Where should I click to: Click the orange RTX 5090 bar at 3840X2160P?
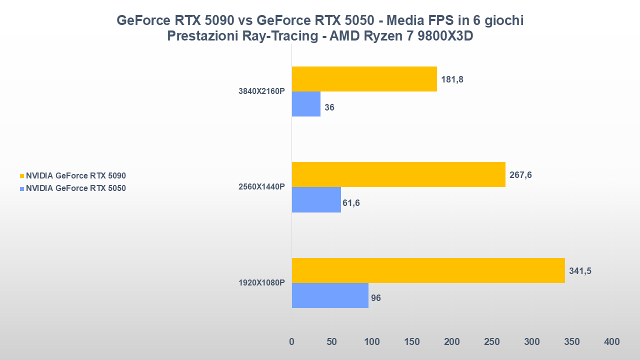[x=364, y=79]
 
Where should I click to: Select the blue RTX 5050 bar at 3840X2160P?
[x=306, y=104]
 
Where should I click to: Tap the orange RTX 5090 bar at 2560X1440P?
[x=398, y=174]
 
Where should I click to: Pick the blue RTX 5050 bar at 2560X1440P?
[x=316, y=199]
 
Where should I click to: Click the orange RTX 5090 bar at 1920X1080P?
[x=428, y=270]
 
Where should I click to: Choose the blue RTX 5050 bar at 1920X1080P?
[x=330, y=295]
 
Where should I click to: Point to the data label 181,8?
[x=452, y=79]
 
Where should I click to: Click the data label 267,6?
[x=520, y=175]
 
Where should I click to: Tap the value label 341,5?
[x=580, y=271]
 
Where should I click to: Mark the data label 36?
[x=329, y=107]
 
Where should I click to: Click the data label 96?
[x=375, y=298]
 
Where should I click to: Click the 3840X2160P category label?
[x=261, y=91]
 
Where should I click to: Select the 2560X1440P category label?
[x=261, y=187]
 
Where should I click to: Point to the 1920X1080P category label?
[x=261, y=283]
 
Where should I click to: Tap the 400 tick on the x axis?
[x=611, y=342]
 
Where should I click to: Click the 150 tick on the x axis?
[x=411, y=342]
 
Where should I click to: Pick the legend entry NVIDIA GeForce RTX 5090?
[x=75, y=175]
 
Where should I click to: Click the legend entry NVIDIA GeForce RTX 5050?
[x=75, y=188]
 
